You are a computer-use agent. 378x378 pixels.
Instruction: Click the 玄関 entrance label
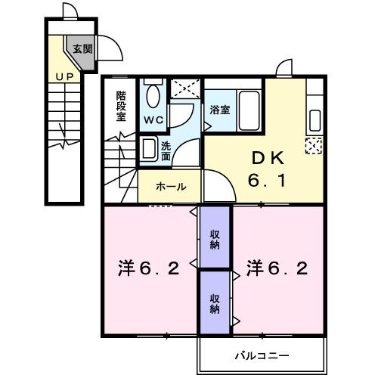(82, 49)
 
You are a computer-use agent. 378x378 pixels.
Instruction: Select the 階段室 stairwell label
(121, 106)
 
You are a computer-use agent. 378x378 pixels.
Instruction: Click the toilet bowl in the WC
(152, 97)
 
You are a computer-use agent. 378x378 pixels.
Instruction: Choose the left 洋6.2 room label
(148, 268)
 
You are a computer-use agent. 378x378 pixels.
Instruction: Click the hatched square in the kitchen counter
(313, 146)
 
